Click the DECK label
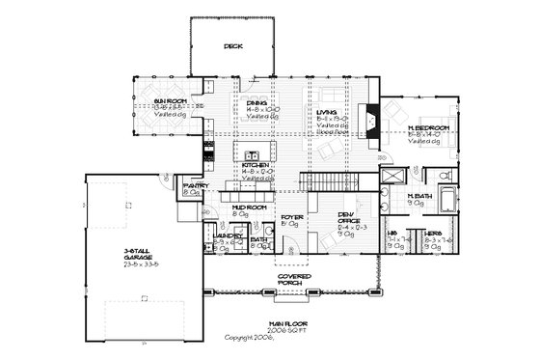pos(232,45)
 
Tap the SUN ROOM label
pos(170,99)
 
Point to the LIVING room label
pos(327,114)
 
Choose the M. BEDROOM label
pos(422,126)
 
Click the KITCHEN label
pos(254,166)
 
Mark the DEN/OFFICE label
pos(348,217)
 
